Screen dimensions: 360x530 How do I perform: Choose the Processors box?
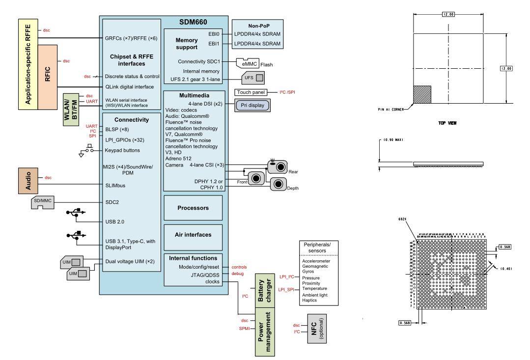193,208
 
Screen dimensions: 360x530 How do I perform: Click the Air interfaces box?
193,235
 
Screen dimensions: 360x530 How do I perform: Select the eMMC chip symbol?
247,64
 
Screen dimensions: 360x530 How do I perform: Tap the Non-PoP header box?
257,25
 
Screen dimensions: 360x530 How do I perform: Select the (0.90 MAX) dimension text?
391,140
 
